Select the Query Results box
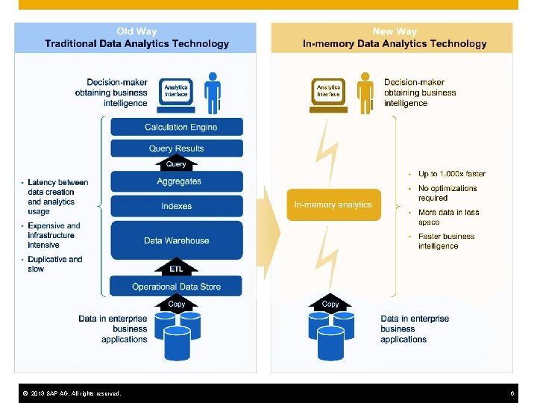(176, 149)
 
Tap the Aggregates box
(178, 181)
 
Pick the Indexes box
(176, 206)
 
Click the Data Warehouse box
(176, 240)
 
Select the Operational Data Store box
(176, 286)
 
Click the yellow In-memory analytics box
(333, 204)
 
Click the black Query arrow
(176, 163)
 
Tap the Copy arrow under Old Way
(177, 303)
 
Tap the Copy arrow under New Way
(330, 303)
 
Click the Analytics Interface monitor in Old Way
(177, 92)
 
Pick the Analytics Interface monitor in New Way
(328, 92)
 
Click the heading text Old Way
(136, 31)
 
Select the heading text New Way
(395, 31)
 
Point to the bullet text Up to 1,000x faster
(451, 174)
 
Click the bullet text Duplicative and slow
(55, 264)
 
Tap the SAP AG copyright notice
(72, 393)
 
